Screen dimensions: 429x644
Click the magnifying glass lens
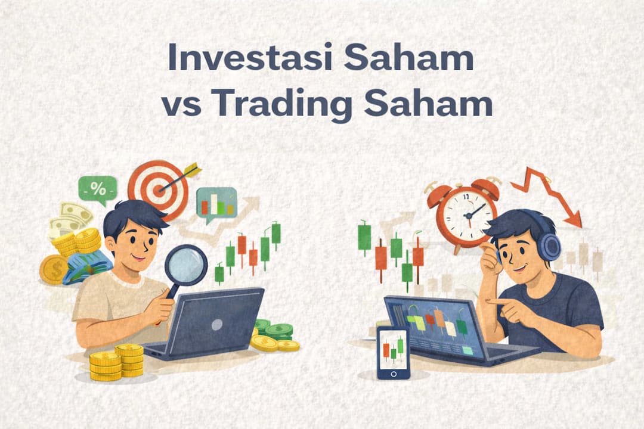point(185,263)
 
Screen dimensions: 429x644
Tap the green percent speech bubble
point(97,190)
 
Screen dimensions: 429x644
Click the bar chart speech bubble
point(216,204)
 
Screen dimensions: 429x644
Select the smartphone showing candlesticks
point(393,352)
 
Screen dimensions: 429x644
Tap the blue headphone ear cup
point(549,245)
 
